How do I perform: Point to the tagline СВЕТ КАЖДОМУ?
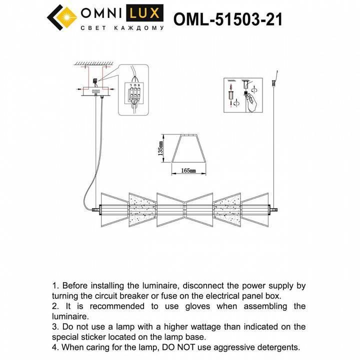click(x=122, y=29)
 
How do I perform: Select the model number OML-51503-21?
click(x=227, y=19)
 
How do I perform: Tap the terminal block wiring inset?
click(x=134, y=91)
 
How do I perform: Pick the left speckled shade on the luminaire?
click(x=141, y=207)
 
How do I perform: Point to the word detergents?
click(x=275, y=346)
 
